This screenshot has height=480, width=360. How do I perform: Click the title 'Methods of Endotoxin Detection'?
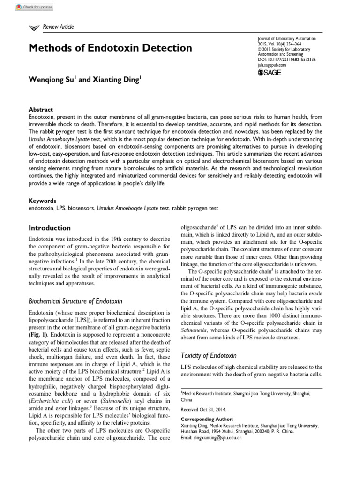(111, 48)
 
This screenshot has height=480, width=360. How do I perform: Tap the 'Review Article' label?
(58, 27)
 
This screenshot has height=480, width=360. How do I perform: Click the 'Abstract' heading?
(41, 109)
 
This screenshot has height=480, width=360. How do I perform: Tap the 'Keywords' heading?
(43, 200)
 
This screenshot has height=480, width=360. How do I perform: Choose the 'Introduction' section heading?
(50, 228)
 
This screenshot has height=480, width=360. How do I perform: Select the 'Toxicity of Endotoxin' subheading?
(209, 355)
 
